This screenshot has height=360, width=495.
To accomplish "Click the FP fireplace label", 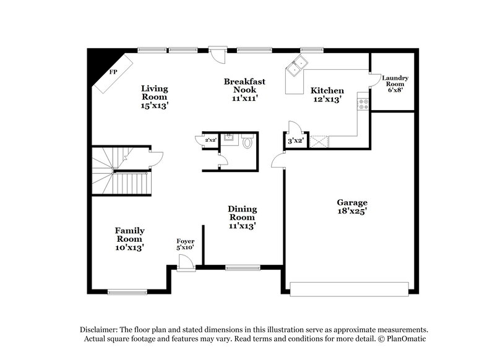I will click(113, 72).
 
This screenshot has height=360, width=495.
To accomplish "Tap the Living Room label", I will click(154, 96).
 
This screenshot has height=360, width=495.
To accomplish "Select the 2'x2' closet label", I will click(210, 141).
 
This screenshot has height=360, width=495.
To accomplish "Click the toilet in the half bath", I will click(247, 143).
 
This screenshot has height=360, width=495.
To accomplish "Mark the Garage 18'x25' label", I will click(351, 207).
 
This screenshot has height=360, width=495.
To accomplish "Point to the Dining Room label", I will click(243, 218).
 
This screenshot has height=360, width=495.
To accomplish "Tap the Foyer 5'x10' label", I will click(185, 244).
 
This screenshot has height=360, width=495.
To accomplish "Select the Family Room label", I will click(129, 239).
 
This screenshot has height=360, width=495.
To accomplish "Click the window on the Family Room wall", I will click(127, 291).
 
